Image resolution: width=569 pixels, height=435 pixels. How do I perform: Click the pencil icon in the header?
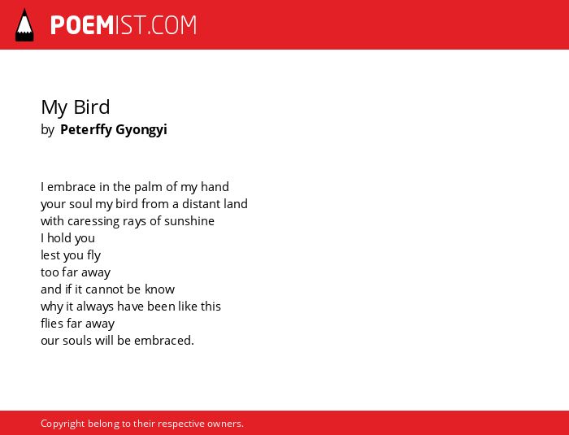point(24,25)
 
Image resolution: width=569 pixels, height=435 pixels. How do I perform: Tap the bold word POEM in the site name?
point(82,25)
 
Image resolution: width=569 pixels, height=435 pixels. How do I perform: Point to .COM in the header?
point(172,25)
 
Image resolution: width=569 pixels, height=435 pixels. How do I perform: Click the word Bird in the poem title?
point(91,107)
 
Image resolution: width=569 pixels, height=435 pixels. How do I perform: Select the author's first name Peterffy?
point(86,129)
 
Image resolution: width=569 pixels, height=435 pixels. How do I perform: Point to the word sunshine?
point(189,221)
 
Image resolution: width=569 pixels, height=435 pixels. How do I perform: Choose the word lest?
point(50,254)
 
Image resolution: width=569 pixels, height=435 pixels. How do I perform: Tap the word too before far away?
point(50,272)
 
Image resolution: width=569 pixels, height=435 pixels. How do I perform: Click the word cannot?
point(105,289)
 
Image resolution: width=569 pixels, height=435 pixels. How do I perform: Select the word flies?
point(52,323)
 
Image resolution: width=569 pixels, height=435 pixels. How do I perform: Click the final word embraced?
point(164,340)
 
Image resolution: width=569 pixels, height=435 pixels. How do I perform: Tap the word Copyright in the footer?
point(63,424)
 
